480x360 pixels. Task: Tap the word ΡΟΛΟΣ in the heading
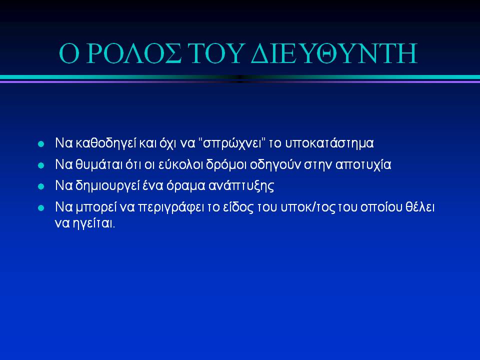tap(134, 53)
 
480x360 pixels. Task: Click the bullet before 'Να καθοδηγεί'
tap(41, 144)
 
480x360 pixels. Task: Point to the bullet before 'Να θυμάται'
tap(41, 165)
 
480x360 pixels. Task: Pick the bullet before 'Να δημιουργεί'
tap(41, 186)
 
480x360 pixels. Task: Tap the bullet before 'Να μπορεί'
tap(41, 208)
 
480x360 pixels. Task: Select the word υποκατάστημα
tap(329, 143)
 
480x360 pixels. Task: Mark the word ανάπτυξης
tap(241, 186)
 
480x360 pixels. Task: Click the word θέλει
tap(420, 207)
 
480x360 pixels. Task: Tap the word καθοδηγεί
tap(105, 143)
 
